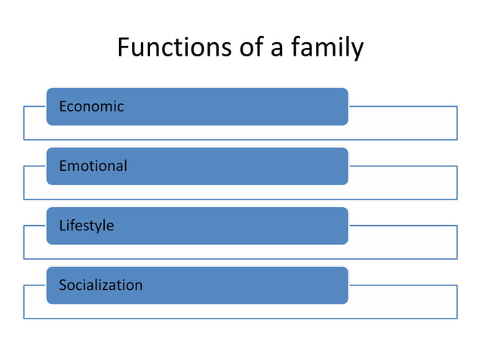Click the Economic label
pyautogui.click(x=91, y=106)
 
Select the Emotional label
pyautogui.click(x=93, y=166)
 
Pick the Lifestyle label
pyautogui.click(x=86, y=225)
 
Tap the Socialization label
pyautogui.click(x=100, y=285)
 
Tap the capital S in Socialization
pyautogui.click(x=63, y=285)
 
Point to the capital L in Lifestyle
pyautogui.click(x=62, y=225)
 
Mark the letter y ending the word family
pyautogui.click(x=357, y=50)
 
